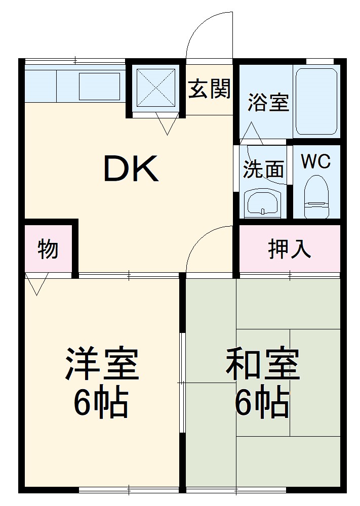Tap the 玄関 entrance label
pyautogui.click(x=210, y=90)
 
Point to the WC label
pyautogui.click(x=315, y=161)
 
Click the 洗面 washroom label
pyautogui.click(x=263, y=170)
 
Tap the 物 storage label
pyautogui.click(x=48, y=249)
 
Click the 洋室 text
pyautogui.click(x=101, y=364)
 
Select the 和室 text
pyautogui.click(x=262, y=364)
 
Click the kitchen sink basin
pyautogui.click(x=99, y=86)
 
